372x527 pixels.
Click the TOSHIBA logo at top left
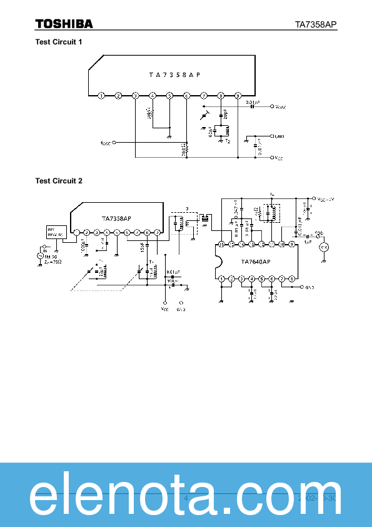coord(64,24)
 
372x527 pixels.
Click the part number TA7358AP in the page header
coord(316,24)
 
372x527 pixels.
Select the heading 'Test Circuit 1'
coord(59,42)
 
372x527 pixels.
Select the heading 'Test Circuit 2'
coord(59,181)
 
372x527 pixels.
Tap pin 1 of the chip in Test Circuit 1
coord(101,95)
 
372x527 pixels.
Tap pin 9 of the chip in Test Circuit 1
coord(238,95)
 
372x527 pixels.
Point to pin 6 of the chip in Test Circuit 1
coord(186,95)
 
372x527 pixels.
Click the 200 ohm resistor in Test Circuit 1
coord(186,150)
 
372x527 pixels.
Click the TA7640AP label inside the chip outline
coord(255,262)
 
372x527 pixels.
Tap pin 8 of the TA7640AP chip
coord(291,279)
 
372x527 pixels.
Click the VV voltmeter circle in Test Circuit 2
coord(324,248)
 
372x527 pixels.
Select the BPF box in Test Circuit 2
coord(55,232)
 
